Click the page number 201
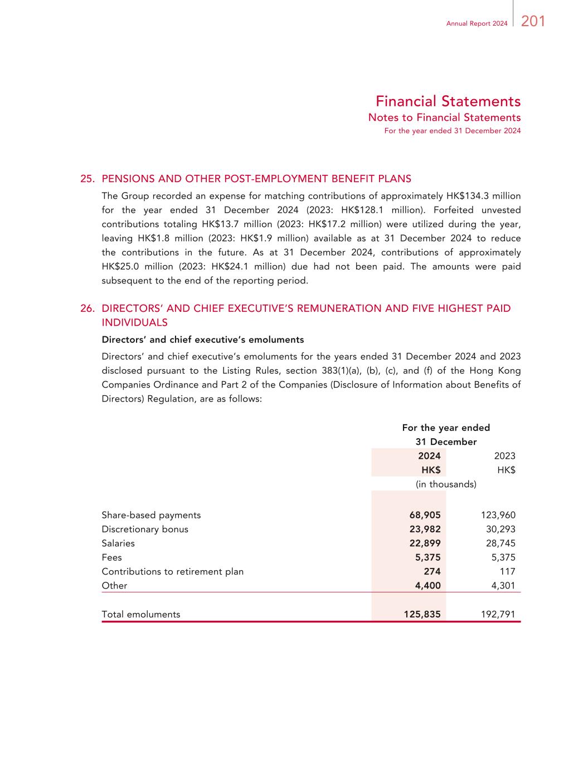[x=533, y=22]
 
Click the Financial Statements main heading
[x=448, y=101]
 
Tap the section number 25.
[x=87, y=179]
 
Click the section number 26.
[x=87, y=308]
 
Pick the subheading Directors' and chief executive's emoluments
[x=202, y=340]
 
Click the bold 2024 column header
[x=429, y=456]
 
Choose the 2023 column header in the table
[x=504, y=456]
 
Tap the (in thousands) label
[x=446, y=484]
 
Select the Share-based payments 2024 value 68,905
[x=425, y=515]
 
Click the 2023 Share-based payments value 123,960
[x=498, y=515]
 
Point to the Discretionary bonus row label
[x=145, y=529]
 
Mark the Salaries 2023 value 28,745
[x=500, y=543]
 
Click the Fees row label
[x=111, y=557]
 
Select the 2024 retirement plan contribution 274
[x=432, y=572]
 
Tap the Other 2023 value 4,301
[x=503, y=586]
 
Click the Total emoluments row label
[x=141, y=615]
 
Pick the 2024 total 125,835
[x=422, y=615]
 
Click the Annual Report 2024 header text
[x=477, y=23]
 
